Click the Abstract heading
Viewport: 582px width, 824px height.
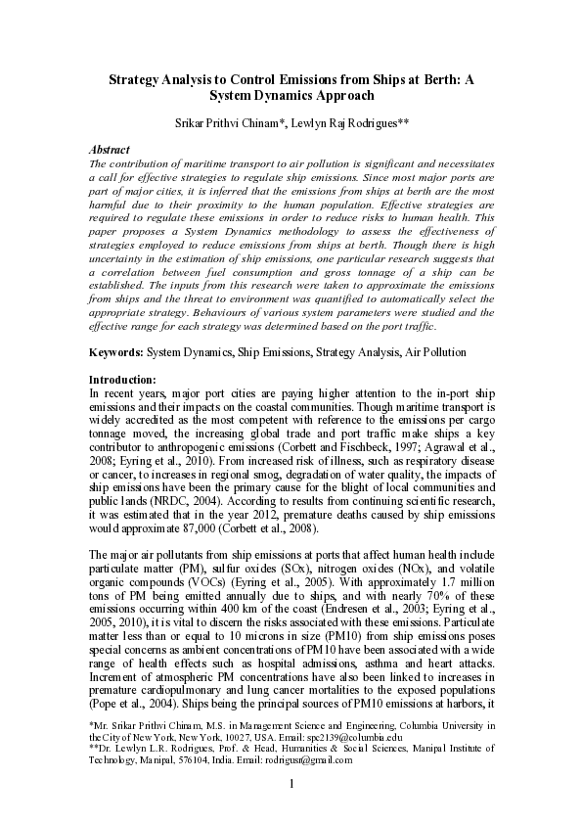(x=110, y=149)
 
